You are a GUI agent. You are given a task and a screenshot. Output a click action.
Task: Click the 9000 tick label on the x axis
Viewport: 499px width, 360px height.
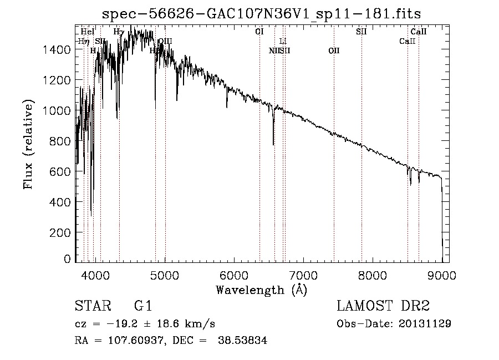pos(442,273)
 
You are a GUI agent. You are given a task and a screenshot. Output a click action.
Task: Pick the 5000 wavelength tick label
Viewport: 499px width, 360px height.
pos(165,273)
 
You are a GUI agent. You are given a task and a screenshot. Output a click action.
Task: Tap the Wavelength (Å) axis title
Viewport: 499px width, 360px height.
pos(261,290)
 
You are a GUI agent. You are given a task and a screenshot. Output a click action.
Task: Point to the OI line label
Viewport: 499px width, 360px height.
pos(259,32)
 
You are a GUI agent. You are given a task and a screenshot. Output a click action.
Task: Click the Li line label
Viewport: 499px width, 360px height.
pos(283,41)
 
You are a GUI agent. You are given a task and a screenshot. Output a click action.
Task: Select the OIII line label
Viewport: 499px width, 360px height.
pos(165,41)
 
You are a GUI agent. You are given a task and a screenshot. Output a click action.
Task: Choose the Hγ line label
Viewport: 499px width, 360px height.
pos(119,32)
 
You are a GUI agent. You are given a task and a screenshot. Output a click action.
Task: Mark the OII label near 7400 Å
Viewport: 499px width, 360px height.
pos(334,50)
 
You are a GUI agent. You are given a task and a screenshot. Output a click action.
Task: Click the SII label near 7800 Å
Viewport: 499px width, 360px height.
pos(361,32)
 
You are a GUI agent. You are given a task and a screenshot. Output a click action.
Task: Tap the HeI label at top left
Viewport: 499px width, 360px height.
pos(88,32)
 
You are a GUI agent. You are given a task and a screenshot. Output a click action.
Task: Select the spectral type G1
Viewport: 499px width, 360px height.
pos(143,306)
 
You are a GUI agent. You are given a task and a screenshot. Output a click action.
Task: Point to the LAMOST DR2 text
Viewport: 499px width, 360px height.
pos(383,306)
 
